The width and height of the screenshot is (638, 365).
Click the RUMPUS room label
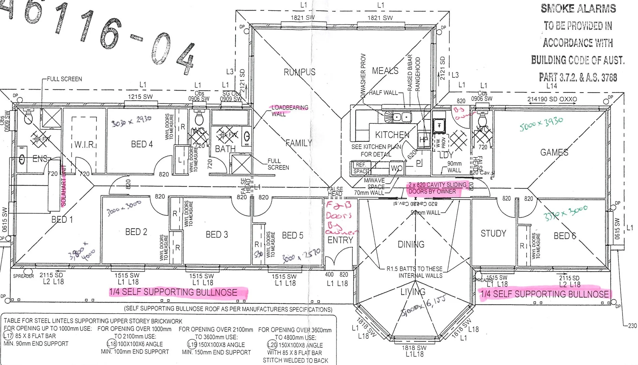[x=300, y=72]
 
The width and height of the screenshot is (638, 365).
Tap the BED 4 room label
[x=142, y=144]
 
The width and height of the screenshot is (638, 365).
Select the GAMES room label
[x=554, y=152]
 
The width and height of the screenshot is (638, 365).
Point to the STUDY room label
[x=493, y=234]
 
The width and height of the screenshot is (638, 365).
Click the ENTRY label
[x=340, y=240]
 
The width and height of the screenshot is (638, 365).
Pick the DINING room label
[x=411, y=244]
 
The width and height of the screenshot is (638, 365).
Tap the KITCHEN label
[x=392, y=135]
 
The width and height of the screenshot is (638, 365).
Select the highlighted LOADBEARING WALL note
[x=289, y=111]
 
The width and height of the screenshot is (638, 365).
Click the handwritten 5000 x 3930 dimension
[x=541, y=124]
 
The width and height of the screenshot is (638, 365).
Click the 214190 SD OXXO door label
[x=552, y=99]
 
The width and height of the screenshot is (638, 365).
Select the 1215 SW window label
[x=140, y=97]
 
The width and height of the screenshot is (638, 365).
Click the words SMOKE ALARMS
[x=578, y=8]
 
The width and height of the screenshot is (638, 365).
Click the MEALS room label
[x=385, y=71]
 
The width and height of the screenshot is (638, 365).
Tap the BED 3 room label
[x=217, y=235]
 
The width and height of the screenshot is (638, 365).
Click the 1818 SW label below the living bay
[x=414, y=348]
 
